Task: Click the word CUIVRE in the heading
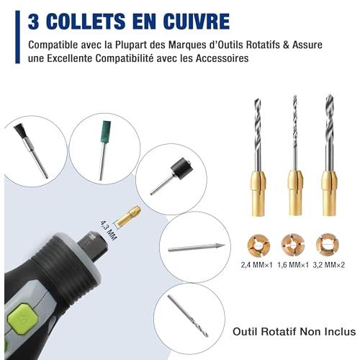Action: coord(197,22)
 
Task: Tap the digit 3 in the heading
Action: coord(33,22)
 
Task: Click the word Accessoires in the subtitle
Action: coord(222,58)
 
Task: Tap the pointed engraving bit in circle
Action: coord(197,248)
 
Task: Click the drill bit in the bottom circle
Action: coord(188,315)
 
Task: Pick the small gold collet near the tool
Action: coord(129,216)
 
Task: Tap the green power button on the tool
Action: coord(23,319)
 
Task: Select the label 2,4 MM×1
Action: coord(257,265)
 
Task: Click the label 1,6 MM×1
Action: coord(293,265)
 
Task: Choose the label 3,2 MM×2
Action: coord(329,265)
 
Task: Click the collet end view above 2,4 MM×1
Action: coord(258,246)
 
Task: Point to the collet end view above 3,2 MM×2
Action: coord(328,245)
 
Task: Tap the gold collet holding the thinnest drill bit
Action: coord(295,192)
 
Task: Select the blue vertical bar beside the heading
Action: coord(17,37)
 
